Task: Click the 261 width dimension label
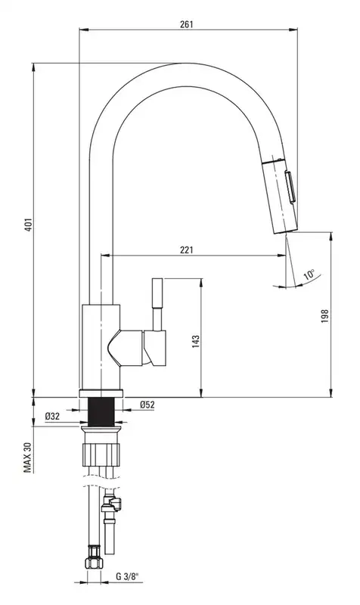[186, 24]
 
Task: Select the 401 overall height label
[28, 225]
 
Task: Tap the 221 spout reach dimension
[186, 250]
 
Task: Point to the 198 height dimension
[324, 316]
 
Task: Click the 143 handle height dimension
[196, 343]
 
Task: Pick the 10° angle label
[309, 275]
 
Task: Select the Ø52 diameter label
[147, 405]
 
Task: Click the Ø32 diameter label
[52, 417]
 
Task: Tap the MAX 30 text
[28, 457]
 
